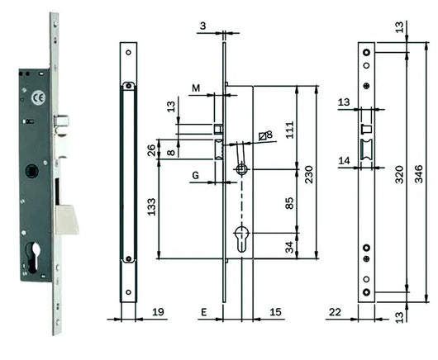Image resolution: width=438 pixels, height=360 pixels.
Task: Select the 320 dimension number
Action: pos(398,173)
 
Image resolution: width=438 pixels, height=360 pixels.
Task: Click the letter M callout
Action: pos(196,88)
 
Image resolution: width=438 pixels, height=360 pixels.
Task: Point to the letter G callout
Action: pos(196,175)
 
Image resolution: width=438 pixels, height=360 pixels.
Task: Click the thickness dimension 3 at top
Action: pos(203,26)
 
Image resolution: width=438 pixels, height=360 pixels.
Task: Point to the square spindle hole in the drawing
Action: pos(240,169)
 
